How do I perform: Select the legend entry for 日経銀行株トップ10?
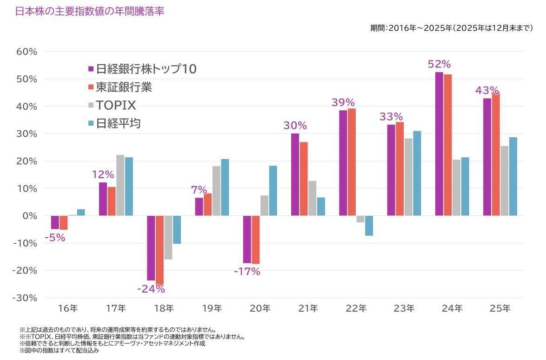tap(142, 69)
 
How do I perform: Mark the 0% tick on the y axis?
tap(28, 216)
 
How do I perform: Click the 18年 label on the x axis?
tap(164, 308)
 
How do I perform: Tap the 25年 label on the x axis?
tap(500, 308)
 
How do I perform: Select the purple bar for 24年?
tap(439, 144)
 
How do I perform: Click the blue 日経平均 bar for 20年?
tap(273, 191)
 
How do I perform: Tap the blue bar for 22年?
tap(369, 226)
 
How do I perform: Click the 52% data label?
tap(439, 64)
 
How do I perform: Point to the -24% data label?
tap(151, 289)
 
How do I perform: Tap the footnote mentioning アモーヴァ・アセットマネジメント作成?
tap(112, 343)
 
